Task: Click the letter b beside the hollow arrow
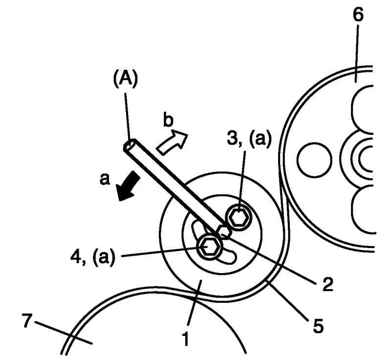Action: [167, 121]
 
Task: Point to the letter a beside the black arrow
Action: [104, 179]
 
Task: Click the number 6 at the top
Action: [358, 15]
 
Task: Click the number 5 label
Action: [318, 325]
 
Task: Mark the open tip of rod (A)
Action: [130, 146]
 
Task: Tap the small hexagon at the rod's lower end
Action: [224, 231]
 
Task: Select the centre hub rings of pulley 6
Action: [364, 157]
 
